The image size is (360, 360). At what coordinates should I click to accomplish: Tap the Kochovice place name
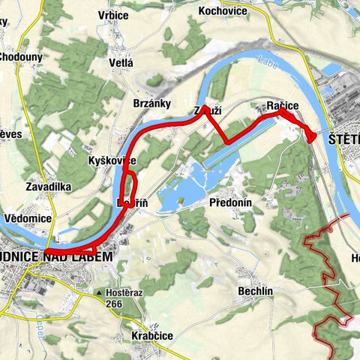click(223, 10)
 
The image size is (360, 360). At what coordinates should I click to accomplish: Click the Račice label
click(283, 107)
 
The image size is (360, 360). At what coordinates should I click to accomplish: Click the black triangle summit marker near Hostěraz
click(98, 293)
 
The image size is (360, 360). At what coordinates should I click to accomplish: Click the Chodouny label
click(20, 57)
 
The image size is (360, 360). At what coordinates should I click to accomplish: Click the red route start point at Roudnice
click(46, 252)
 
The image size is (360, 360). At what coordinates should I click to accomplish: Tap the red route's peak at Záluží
click(205, 107)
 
